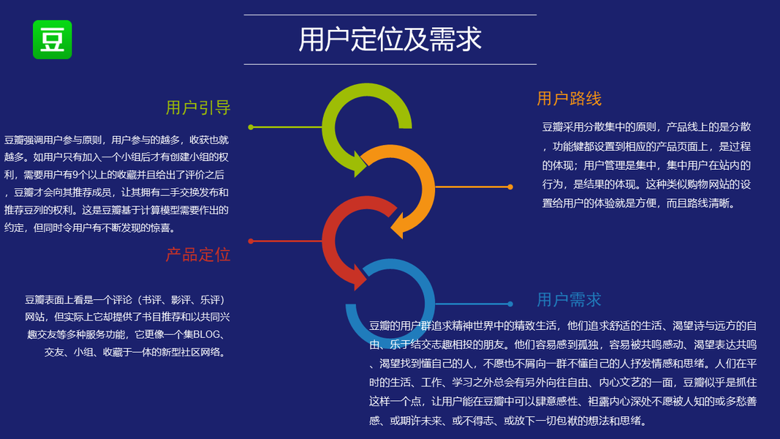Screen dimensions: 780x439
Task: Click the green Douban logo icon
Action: click(52, 40)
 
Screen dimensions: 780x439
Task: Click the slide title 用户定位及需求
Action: click(390, 40)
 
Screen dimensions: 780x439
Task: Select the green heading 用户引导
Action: click(198, 108)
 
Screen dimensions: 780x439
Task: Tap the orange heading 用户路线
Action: click(569, 99)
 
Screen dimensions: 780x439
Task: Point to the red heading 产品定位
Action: click(197, 255)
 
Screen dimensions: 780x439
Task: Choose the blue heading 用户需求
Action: click(569, 299)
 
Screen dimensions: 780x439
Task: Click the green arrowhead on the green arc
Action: click(360, 165)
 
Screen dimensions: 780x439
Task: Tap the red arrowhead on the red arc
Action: click(360, 279)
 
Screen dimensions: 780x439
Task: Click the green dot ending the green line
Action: click(251, 127)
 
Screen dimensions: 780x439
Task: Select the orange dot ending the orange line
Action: click(510, 187)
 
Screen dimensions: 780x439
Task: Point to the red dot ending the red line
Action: click(251, 241)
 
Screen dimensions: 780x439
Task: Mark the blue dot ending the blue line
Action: click(510, 304)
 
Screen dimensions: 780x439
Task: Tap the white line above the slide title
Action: click(390, 15)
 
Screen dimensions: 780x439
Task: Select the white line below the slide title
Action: click(390, 64)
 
